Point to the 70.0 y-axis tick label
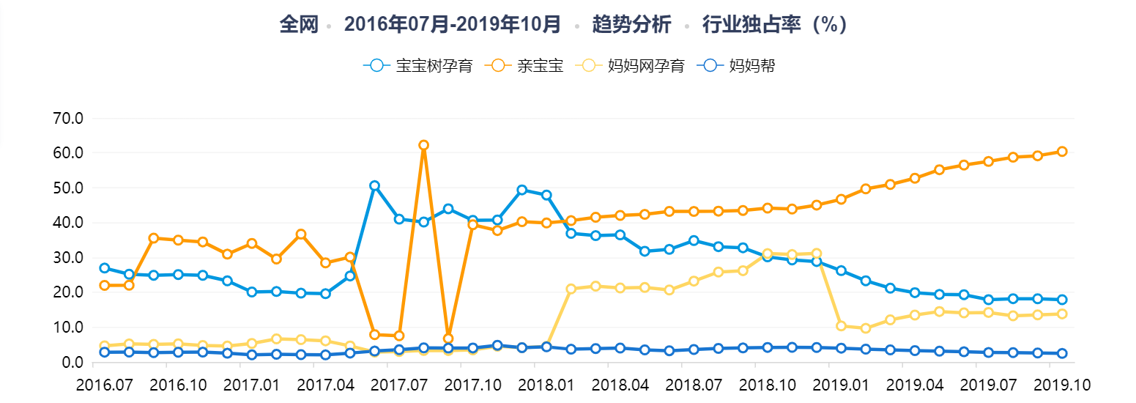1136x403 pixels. tap(67, 118)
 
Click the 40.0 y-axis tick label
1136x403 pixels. tap(67, 223)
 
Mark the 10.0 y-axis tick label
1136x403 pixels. tap(67, 328)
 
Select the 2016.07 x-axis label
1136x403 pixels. tap(104, 384)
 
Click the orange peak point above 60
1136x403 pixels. tap(423, 145)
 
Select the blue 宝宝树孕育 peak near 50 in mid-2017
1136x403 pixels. tap(374, 185)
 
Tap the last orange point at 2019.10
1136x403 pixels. tap(1061, 152)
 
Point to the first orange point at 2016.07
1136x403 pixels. tap(105, 285)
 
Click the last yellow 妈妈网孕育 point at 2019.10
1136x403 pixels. tap(1061, 314)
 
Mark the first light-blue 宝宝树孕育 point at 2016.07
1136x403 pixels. tap(105, 268)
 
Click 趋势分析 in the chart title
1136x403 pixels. tap(631, 25)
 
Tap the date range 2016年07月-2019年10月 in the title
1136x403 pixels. tap(453, 25)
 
